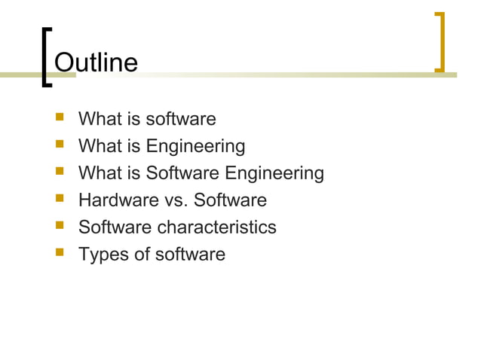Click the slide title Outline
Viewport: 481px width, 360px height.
[97, 62]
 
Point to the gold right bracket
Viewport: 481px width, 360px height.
[440, 42]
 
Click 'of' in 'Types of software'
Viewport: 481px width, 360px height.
[142, 255]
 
